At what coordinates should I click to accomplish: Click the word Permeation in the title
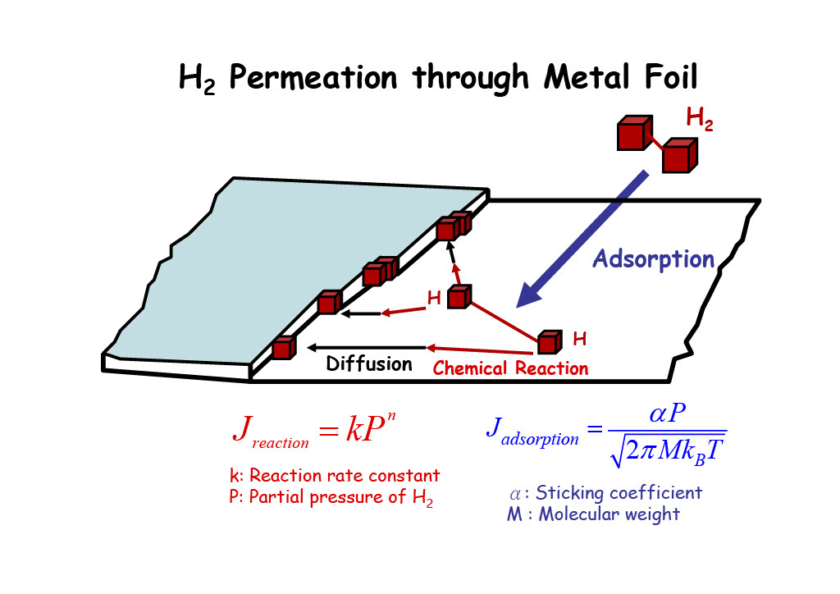313,80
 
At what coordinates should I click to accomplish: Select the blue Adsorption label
653,259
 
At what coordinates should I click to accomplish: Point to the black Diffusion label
369,363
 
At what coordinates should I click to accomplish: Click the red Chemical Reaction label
510,368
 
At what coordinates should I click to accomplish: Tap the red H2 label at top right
700,120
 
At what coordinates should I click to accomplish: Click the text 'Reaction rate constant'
345,476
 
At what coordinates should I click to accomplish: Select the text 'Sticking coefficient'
619,493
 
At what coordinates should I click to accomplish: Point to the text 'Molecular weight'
609,514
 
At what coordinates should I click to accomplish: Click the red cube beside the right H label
549,341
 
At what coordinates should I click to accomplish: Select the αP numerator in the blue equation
667,415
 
